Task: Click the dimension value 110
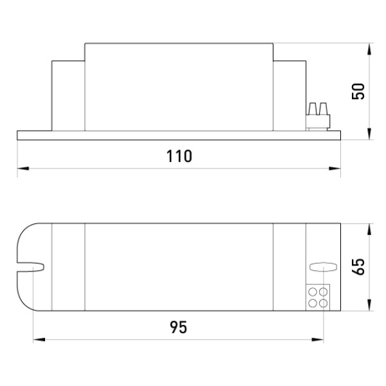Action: pos(179,156)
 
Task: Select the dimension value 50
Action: pos(358,91)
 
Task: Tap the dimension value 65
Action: pos(358,266)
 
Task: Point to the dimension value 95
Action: pos(178,327)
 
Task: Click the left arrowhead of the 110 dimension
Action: pos(23,169)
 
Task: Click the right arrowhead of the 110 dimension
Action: pos(335,169)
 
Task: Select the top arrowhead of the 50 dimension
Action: pos(369,49)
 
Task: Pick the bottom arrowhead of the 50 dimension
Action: pos(369,134)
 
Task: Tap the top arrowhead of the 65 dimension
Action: pos(369,230)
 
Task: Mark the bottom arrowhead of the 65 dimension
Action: pos(369,305)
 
